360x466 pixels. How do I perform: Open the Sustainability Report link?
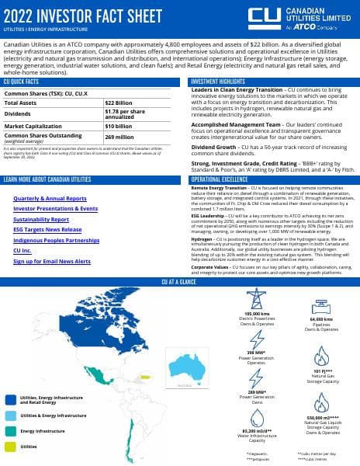click(x=40, y=220)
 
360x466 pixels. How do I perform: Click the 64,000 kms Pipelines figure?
click(x=321, y=318)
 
